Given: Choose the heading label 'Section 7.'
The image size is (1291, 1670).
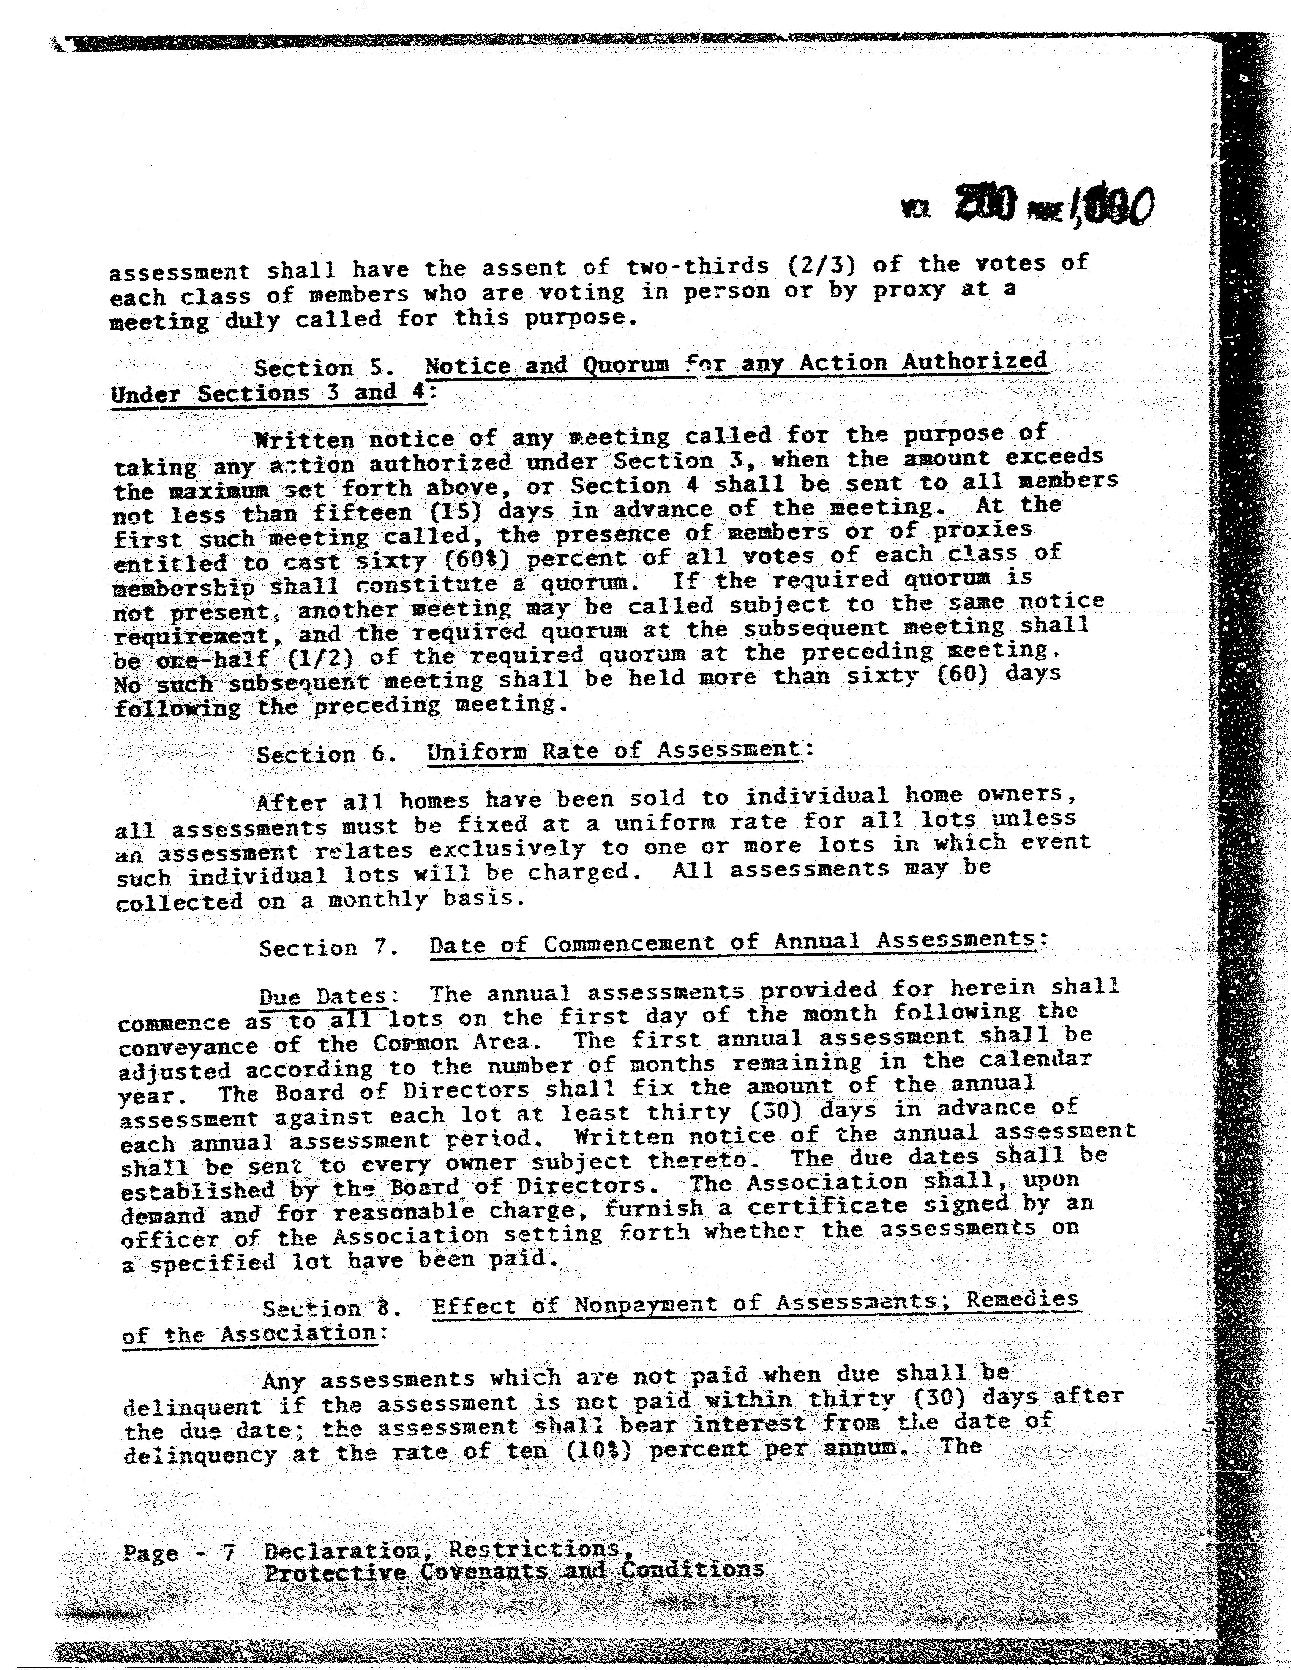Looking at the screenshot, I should pos(329,948).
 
